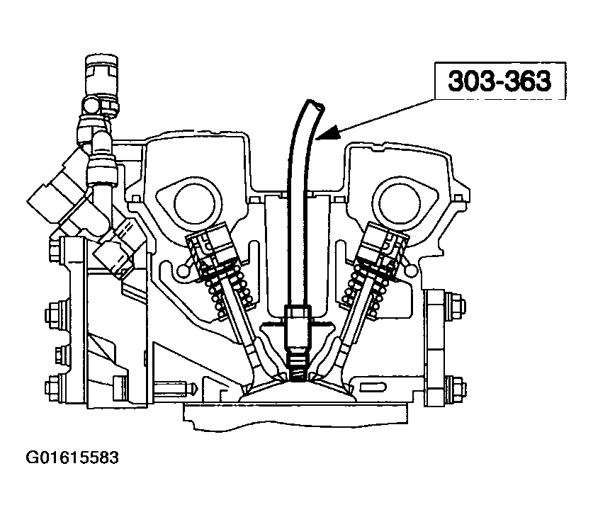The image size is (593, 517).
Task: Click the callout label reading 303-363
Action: [x=499, y=81]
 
